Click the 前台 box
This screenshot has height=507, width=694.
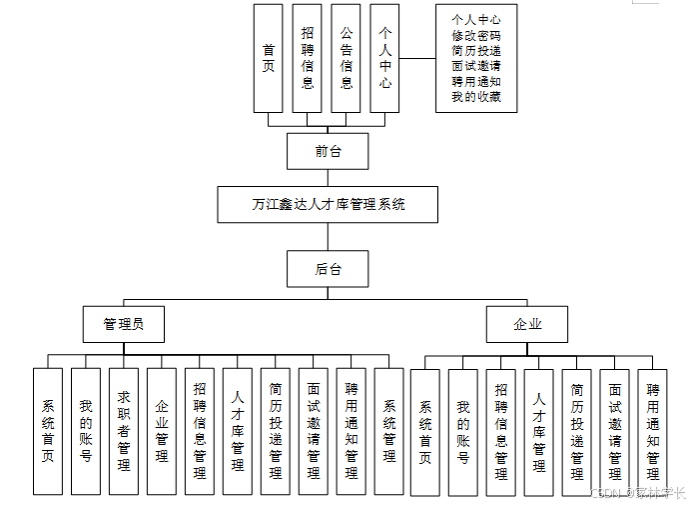tap(327, 151)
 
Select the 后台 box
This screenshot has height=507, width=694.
tap(327, 268)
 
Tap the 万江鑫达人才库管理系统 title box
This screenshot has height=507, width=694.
tap(328, 204)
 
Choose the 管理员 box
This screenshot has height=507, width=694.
tap(123, 324)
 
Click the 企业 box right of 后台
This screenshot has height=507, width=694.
tap(526, 324)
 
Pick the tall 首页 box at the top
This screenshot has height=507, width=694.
tap(268, 58)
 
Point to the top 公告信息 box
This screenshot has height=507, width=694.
tap(346, 58)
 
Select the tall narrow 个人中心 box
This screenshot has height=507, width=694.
tap(384, 58)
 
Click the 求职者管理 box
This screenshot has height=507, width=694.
tap(123, 431)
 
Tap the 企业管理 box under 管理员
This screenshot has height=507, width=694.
tap(161, 431)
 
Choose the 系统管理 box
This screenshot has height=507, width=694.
tap(388, 431)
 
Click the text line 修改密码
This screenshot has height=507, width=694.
tap(476, 34)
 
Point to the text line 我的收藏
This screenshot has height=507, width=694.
tap(476, 97)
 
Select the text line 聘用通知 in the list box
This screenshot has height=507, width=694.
tap(476, 82)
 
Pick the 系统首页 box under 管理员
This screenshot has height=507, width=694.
tap(47, 431)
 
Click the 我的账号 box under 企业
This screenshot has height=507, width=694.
tap(462, 431)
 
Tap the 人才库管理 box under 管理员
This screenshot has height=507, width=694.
tap(237, 431)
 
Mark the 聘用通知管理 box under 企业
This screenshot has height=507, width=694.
tap(652, 431)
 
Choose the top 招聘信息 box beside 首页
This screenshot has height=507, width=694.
tap(308, 58)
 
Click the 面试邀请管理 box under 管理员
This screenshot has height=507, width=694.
tap(313, 431)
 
